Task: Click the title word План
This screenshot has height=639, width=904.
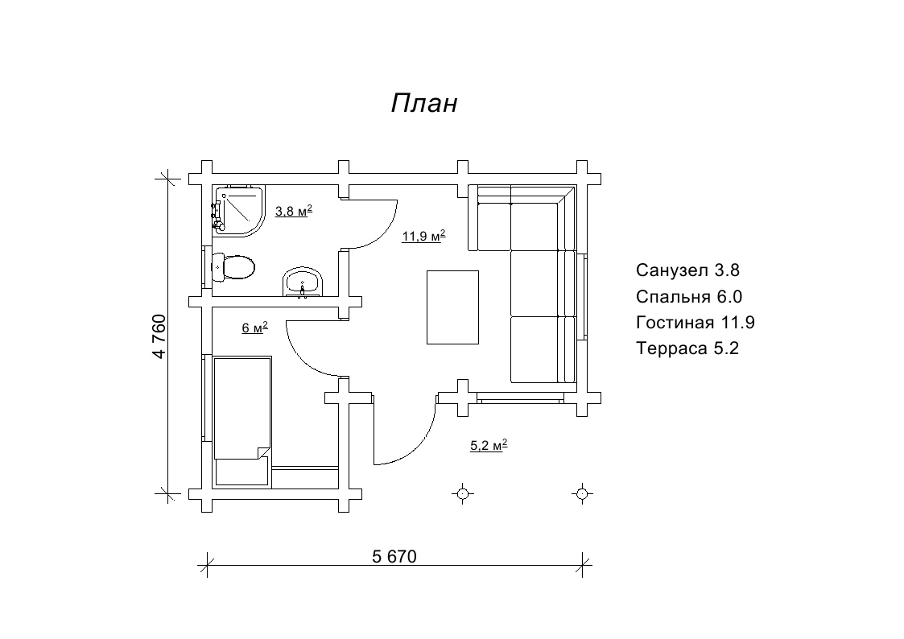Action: [x=424, y=103]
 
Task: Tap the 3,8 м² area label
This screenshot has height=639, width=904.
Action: [x=294, y=211]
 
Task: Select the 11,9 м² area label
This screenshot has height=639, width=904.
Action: [x=423, y=236]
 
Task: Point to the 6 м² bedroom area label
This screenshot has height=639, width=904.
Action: [x=255, y=328]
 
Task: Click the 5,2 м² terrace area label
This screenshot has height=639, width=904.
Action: [x=489, y=445]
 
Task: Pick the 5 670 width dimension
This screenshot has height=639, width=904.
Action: [x=394, y=557]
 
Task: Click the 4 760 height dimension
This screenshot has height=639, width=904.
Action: [x=159, y=336]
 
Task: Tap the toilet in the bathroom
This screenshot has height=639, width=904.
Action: [x=233, y=267]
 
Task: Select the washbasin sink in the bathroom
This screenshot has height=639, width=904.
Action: [x=303, y=282]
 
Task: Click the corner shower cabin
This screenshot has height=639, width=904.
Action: [x=239, y=211]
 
